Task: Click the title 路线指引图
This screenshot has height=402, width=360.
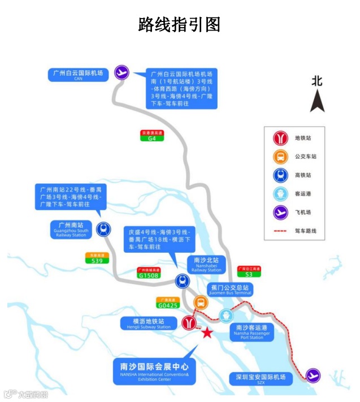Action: click(x=180, y=24)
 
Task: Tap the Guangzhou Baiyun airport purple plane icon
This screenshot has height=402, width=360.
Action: click(x=122, y=72)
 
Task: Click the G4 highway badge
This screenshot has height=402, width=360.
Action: click(x=152, y=136)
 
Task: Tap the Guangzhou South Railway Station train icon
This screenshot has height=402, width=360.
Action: click(x=103, y=228)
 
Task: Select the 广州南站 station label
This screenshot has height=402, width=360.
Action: click(x=70, y=228)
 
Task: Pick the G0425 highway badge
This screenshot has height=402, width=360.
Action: click(x=168, y=303)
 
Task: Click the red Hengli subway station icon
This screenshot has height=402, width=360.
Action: click(x=188, y=323)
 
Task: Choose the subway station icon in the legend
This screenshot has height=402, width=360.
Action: click(x=280, y=137)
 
